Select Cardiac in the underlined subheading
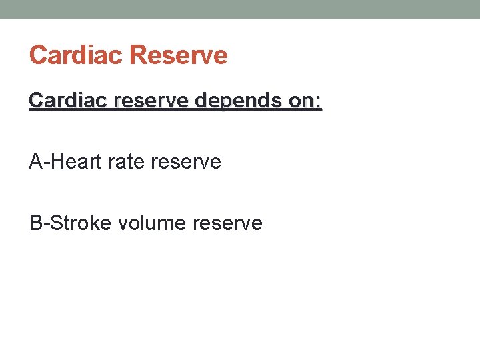pos(65,101)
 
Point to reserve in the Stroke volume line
pos(227,223)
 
